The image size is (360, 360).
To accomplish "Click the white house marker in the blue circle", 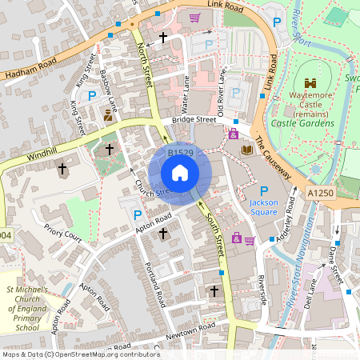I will [180, 173].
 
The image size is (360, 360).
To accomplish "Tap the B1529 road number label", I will [181, 152].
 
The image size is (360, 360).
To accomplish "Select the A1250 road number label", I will [320, 193].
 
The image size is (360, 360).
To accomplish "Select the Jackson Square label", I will [263, 208].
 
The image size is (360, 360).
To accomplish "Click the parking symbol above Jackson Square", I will [263, 190].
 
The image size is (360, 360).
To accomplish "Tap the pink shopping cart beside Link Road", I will [194, 17].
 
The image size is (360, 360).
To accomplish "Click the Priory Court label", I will [63, 238].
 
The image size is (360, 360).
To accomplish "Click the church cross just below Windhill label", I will [62, 169].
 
